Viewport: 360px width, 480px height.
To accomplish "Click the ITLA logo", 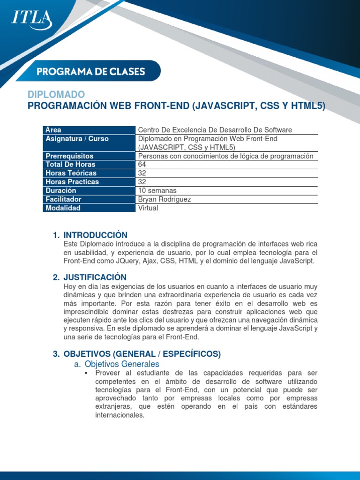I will point(31,19).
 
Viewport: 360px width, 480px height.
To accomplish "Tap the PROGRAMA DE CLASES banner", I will point(91,72).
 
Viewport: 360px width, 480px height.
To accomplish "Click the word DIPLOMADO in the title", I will point(56,95).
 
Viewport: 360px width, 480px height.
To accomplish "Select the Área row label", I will point(53,130).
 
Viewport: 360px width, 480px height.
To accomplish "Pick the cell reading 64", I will point(142,165).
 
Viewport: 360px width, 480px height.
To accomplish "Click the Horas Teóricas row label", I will point(71,173).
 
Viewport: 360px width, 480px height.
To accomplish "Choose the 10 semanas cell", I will point(157,191).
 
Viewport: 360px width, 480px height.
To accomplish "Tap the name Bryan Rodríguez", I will point(165,199).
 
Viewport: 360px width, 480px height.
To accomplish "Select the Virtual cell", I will point(148,208).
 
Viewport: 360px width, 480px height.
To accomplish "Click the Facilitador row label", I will point(63,199).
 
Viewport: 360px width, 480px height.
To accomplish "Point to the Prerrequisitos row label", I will point(69,156).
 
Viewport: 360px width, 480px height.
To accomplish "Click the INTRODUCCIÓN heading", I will point(95,235).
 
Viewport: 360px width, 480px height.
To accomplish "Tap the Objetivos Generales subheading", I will point(121,364).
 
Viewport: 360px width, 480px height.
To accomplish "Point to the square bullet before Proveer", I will point(86,373).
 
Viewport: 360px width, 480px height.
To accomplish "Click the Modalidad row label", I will point(63,208).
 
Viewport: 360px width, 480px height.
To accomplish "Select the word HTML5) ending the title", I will point(307,106).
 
